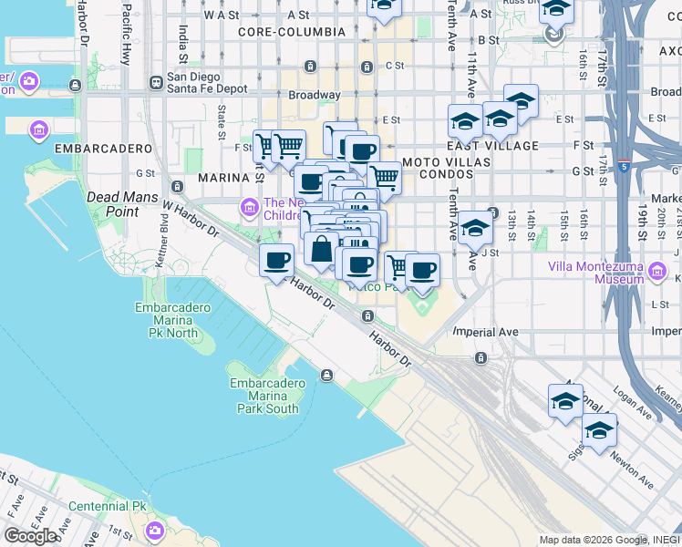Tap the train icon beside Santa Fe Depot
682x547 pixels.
(157, 81)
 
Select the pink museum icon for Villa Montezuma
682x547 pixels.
(656, 270)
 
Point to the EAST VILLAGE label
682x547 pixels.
(492, 146)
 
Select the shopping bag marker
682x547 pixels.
(322, 249)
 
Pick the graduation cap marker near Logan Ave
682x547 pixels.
(565, 401)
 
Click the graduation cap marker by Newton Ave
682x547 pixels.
(599, 431)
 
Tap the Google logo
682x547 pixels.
(30, 536)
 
